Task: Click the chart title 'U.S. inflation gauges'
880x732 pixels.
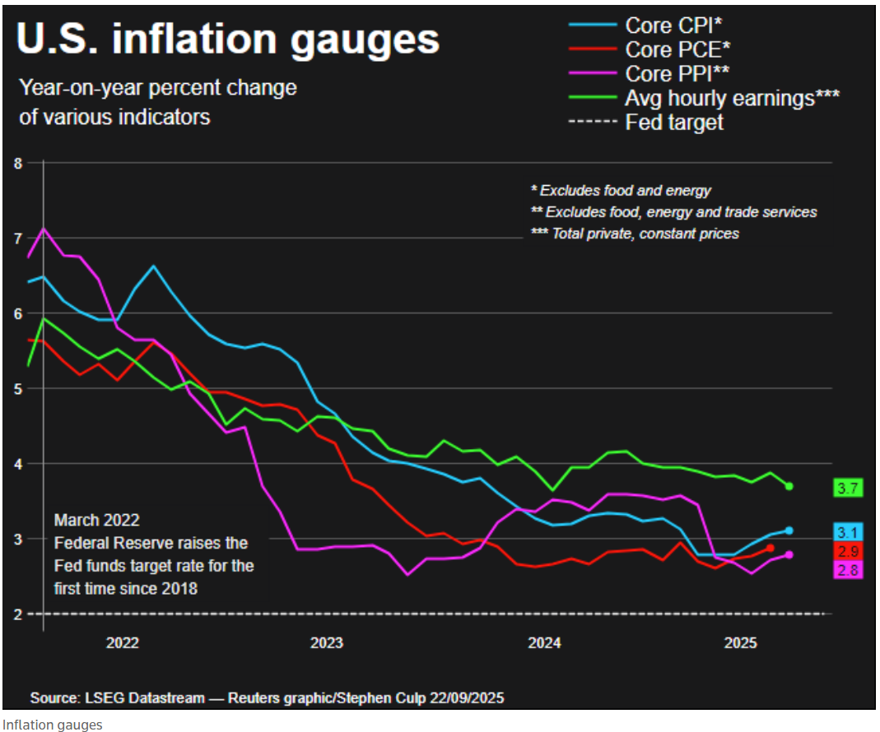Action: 228,40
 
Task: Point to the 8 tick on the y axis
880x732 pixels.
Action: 18,163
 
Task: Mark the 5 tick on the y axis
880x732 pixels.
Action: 18,388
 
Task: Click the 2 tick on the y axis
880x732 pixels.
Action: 18,614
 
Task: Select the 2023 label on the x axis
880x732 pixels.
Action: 327,642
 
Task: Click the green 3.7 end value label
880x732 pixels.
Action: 846,489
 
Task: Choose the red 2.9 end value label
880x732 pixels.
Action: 846,550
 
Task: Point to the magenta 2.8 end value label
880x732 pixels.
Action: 846,569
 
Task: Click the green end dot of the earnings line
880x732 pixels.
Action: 789,486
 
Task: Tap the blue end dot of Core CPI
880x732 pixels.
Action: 789,530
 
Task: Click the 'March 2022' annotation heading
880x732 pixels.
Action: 96,521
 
